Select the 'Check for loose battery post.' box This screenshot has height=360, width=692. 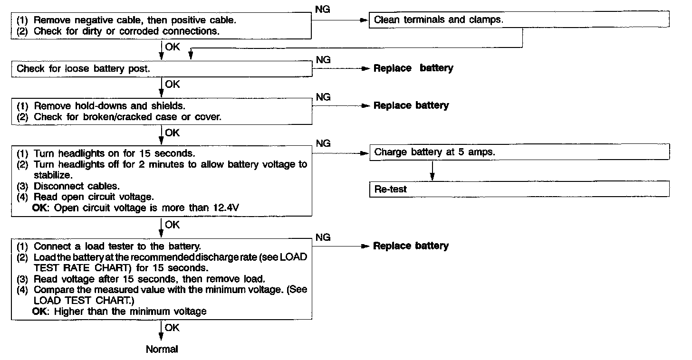162,68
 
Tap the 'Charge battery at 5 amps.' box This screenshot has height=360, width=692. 519,152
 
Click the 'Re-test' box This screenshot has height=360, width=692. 519,189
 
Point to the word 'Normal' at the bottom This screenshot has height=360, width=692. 162,350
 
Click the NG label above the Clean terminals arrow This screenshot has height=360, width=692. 323,10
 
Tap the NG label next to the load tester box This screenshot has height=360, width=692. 323,237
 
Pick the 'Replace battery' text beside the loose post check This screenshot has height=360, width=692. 413,68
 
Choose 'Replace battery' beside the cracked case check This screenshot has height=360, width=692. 411,105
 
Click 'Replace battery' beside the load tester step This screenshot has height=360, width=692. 411,246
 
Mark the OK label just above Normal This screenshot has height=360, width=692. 173,328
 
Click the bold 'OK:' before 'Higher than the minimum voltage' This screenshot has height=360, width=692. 41,312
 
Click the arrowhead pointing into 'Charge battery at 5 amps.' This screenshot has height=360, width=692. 366,153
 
